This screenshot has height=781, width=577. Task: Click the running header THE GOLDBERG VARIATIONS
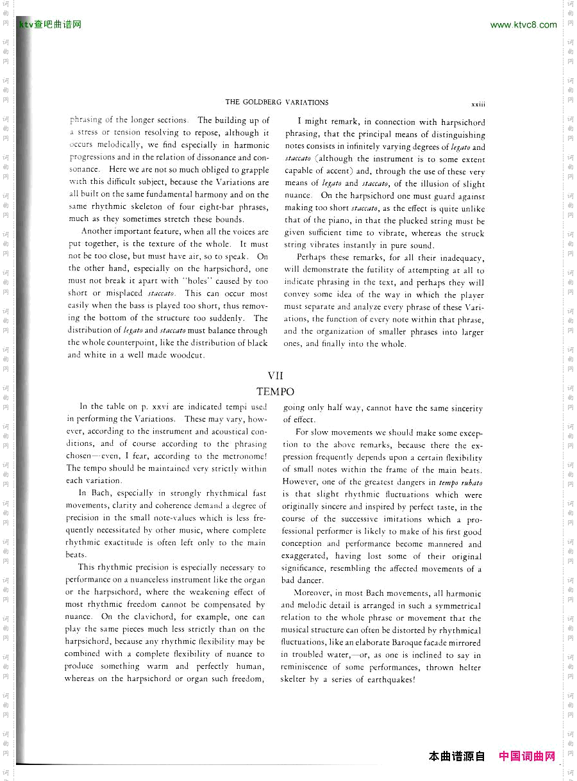277,103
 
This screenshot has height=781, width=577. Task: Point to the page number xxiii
478,103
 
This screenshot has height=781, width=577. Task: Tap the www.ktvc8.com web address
523,25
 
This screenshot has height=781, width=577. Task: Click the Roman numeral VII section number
275,376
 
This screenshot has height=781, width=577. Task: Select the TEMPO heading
275,391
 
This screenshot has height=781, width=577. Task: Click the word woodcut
203,355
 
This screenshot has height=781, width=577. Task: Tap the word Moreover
314,593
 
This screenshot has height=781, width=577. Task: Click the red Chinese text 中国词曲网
527,756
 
